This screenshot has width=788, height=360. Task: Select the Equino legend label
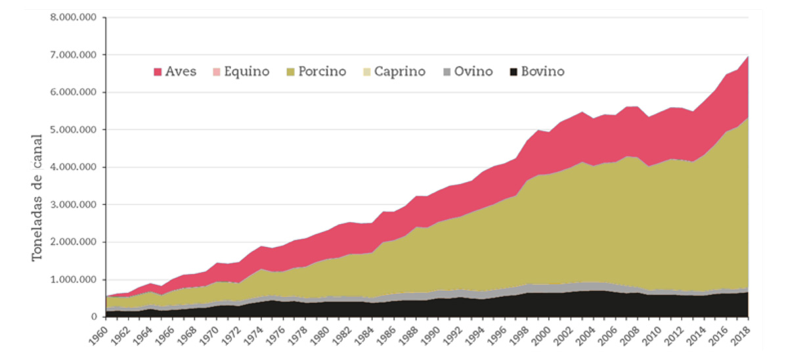[247, 72]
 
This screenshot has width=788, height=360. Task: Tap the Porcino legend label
[322, 72]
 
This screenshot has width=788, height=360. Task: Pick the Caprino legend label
[400, 72]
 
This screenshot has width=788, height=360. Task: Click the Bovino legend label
[542, 72]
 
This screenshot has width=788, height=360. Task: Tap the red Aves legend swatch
[158, 72]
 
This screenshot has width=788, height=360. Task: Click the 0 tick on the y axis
[93, 317]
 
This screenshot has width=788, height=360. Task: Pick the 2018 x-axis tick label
[743, 335]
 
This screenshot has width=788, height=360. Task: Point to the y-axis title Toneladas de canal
[38, 197]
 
